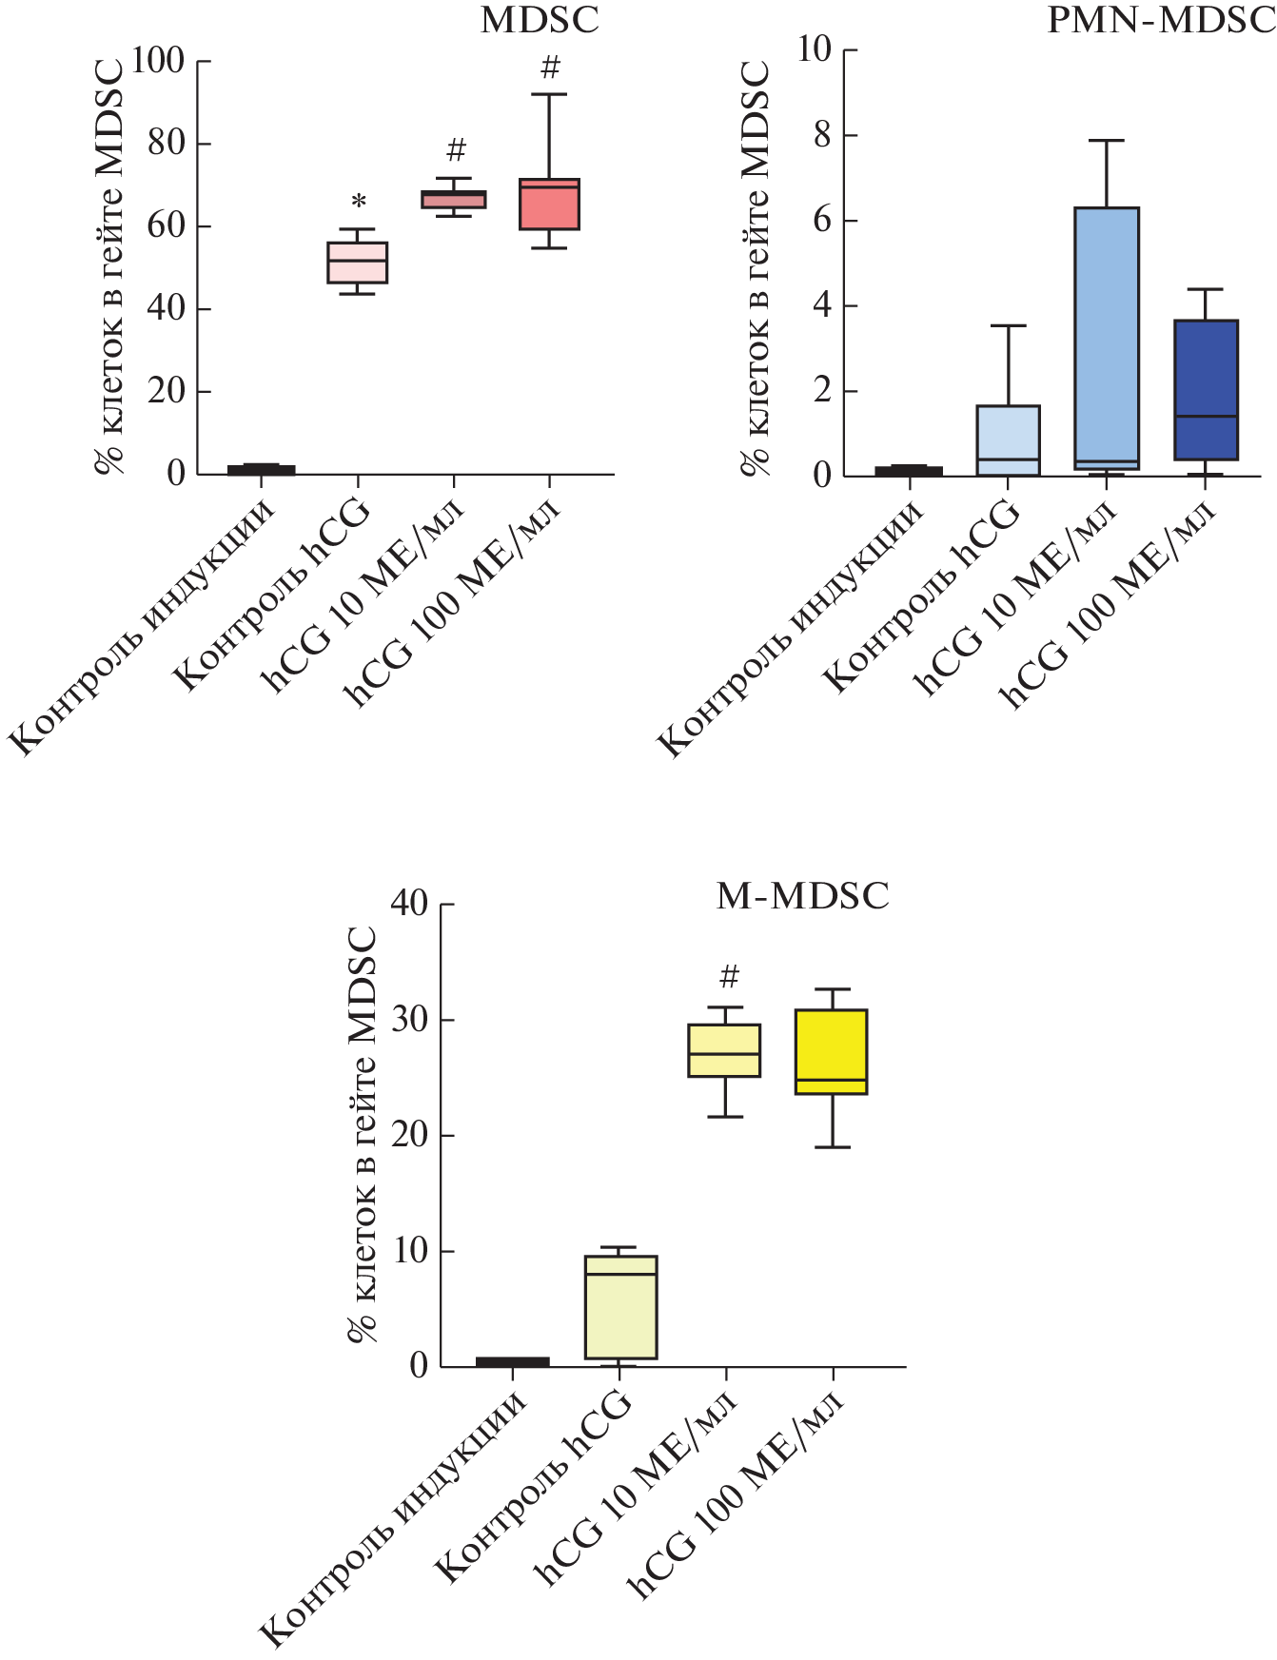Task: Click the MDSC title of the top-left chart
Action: [540, 20]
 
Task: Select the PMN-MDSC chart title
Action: [1160, 20]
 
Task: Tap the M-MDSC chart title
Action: [802, 896]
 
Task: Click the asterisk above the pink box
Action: [359, 203]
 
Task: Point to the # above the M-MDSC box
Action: [729, 977]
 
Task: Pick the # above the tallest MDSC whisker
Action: [550, 68]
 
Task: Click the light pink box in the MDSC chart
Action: [357, 263]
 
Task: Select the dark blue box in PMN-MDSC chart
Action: [1206, 390]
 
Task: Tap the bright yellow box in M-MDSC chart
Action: [832, 1051]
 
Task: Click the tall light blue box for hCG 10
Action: [1107, 338]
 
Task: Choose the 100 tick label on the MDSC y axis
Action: [157, 61]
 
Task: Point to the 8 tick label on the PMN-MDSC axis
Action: [822, 135]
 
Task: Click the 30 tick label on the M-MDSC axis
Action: [410, 1020]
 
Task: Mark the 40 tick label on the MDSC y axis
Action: [167, 309]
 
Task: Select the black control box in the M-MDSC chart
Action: [513, 1361]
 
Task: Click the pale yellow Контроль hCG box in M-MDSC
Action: [620, 1307]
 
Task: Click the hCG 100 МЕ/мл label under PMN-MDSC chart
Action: [1109, 607]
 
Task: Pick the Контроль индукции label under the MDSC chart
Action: [143, 628]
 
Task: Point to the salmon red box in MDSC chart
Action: [549, 205]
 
